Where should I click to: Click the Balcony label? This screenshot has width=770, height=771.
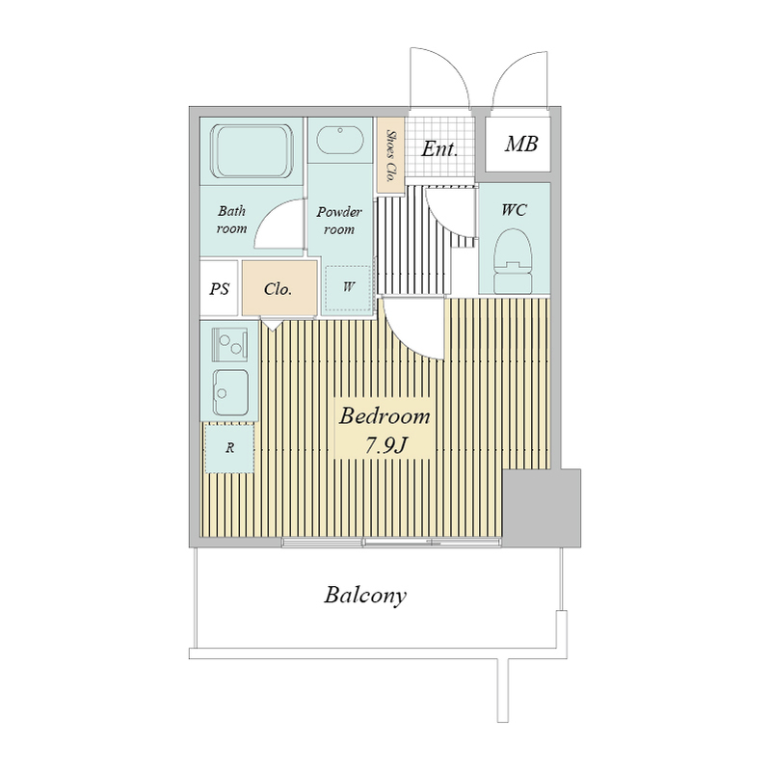[365, 596]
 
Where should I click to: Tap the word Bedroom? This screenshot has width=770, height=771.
[385, 416]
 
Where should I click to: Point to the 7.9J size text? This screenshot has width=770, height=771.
[386, 445]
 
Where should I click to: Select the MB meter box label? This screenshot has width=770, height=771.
[521, 144]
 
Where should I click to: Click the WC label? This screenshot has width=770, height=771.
[515, 210]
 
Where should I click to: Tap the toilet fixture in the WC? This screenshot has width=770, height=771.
[514, 261]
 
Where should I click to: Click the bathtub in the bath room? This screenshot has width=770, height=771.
[252, 151]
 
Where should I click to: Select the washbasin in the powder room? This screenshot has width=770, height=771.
[340, 141]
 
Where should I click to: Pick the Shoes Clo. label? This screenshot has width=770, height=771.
[391, 155]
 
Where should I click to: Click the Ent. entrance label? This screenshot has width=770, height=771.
[439, 148]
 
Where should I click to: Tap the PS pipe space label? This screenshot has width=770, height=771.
[220, 288]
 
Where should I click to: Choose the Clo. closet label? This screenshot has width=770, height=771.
[278, 288]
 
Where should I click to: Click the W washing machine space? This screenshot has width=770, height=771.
[348, 288]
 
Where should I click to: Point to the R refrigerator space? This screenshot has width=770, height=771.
[229, 448]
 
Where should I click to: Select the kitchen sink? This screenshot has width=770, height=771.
[230, 392]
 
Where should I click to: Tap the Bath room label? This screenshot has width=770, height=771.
[231, 220]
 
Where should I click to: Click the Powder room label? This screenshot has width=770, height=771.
[339, 221]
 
